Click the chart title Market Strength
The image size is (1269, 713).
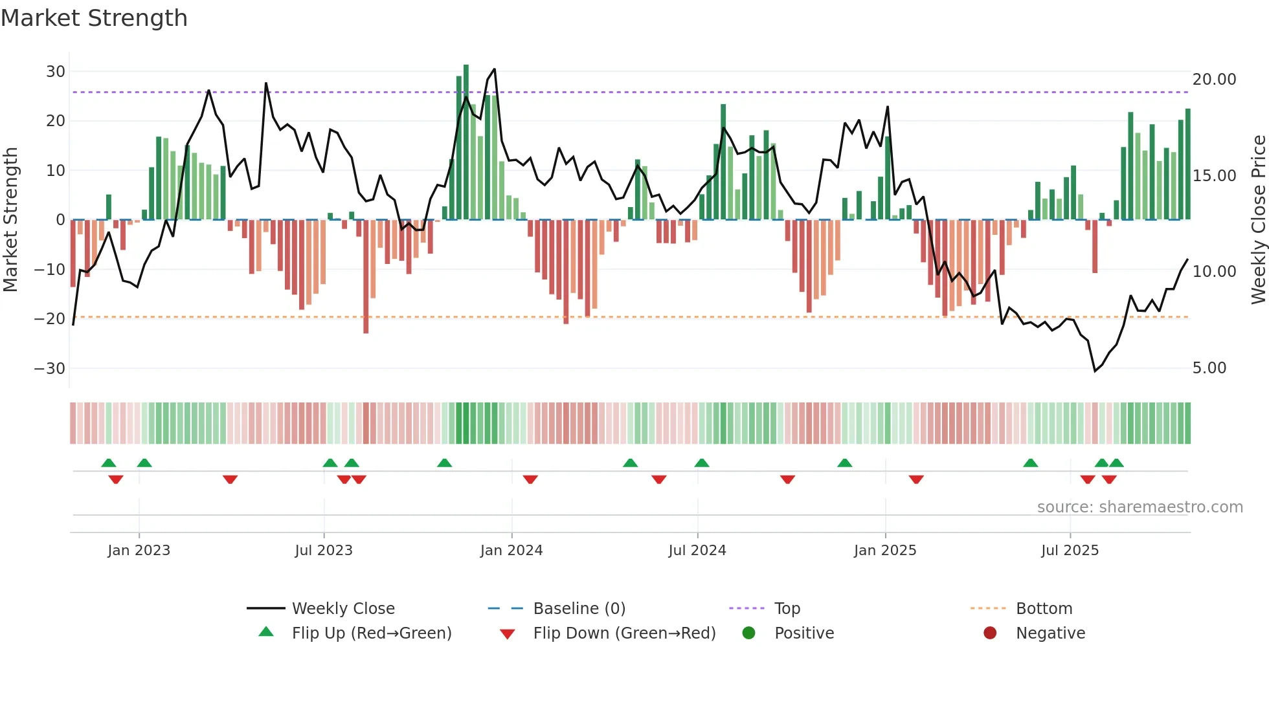94,18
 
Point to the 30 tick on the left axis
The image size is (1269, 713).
56,72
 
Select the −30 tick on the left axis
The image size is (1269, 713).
50,369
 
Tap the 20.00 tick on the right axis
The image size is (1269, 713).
1214,80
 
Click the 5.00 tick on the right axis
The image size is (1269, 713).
1209,368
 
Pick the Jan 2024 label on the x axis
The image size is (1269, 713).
511,551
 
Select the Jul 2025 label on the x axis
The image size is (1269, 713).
1070,551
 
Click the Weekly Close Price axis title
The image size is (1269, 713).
1258,220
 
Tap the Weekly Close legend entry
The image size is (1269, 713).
343,609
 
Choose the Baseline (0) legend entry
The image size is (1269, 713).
579,609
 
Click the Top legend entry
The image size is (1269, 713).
787,609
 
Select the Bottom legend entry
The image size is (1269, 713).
1044,609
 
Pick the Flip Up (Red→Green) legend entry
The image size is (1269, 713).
371,633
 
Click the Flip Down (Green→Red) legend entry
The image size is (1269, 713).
624,633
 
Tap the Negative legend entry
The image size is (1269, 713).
1050,633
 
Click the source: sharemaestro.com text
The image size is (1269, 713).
1140,507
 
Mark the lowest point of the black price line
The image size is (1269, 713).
1095,371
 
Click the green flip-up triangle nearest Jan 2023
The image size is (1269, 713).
144,463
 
